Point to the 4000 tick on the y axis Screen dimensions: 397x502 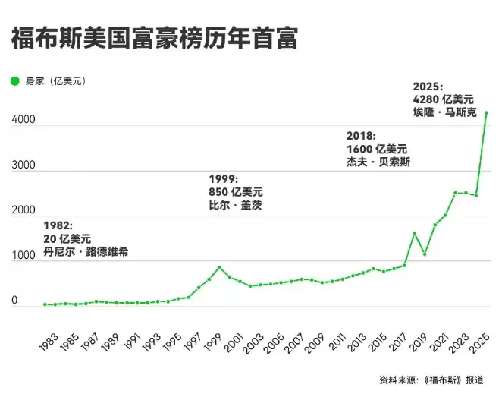tap(23, 120)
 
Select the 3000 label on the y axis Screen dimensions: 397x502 tap(23, 165)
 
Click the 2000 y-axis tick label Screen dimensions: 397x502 tap(23, 210)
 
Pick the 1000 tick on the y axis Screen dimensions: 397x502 tap(23, 256)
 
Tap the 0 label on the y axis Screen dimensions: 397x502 tap(14, 301)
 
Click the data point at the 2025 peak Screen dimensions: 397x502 tap(486, 113)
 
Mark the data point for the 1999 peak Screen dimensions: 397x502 tap(219, 267)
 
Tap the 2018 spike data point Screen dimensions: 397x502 tap(414, 233)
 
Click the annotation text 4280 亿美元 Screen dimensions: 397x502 tap(444, 99)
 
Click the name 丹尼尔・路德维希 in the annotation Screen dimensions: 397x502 tap(86, 251)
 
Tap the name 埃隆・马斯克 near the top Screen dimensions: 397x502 tap(444, 112)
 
